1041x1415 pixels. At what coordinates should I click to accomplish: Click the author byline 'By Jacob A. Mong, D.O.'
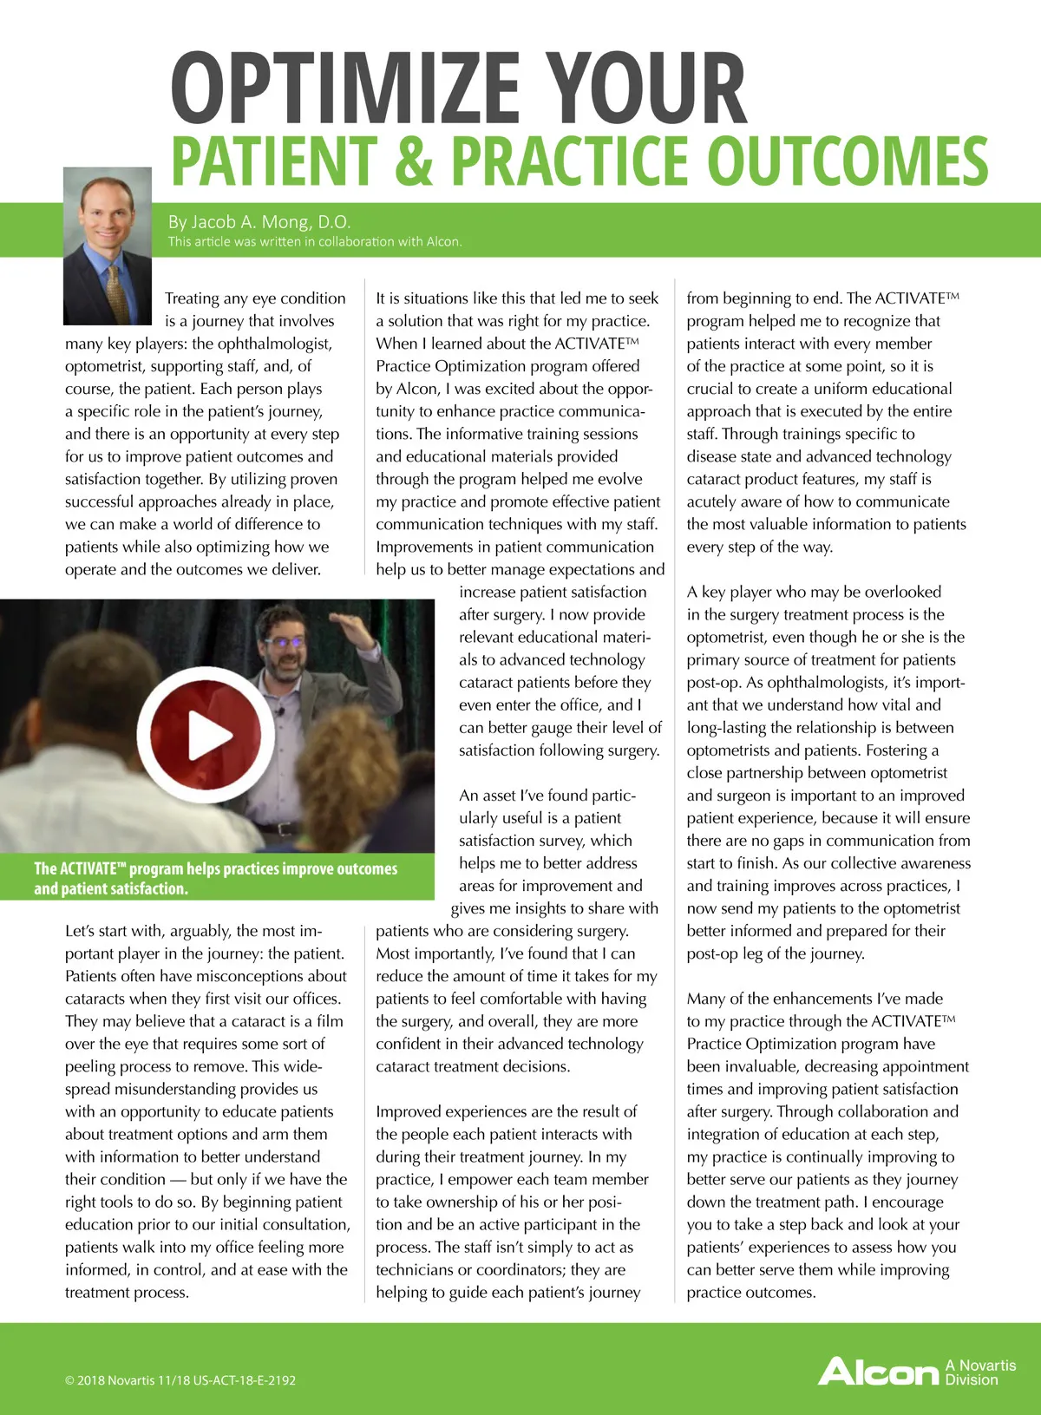pos(259,221)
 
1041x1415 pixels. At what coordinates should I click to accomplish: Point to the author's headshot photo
pos(108,246)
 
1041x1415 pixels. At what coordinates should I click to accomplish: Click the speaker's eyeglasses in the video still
pos(285,644)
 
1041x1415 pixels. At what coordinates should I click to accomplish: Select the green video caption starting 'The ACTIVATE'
pos(216,878)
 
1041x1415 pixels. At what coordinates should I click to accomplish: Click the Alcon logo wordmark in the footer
pos(878,1372)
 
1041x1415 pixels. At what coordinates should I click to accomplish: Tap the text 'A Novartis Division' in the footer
pos(980,1372)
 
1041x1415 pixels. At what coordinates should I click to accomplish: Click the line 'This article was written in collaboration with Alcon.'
pos(315,242)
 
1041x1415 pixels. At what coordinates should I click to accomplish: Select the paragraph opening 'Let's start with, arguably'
pos(206,1111)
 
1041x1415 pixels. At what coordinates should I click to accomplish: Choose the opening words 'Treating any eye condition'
pos(255,298)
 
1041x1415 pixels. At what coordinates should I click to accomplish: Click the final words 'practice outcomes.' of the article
pos(751,1293)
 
